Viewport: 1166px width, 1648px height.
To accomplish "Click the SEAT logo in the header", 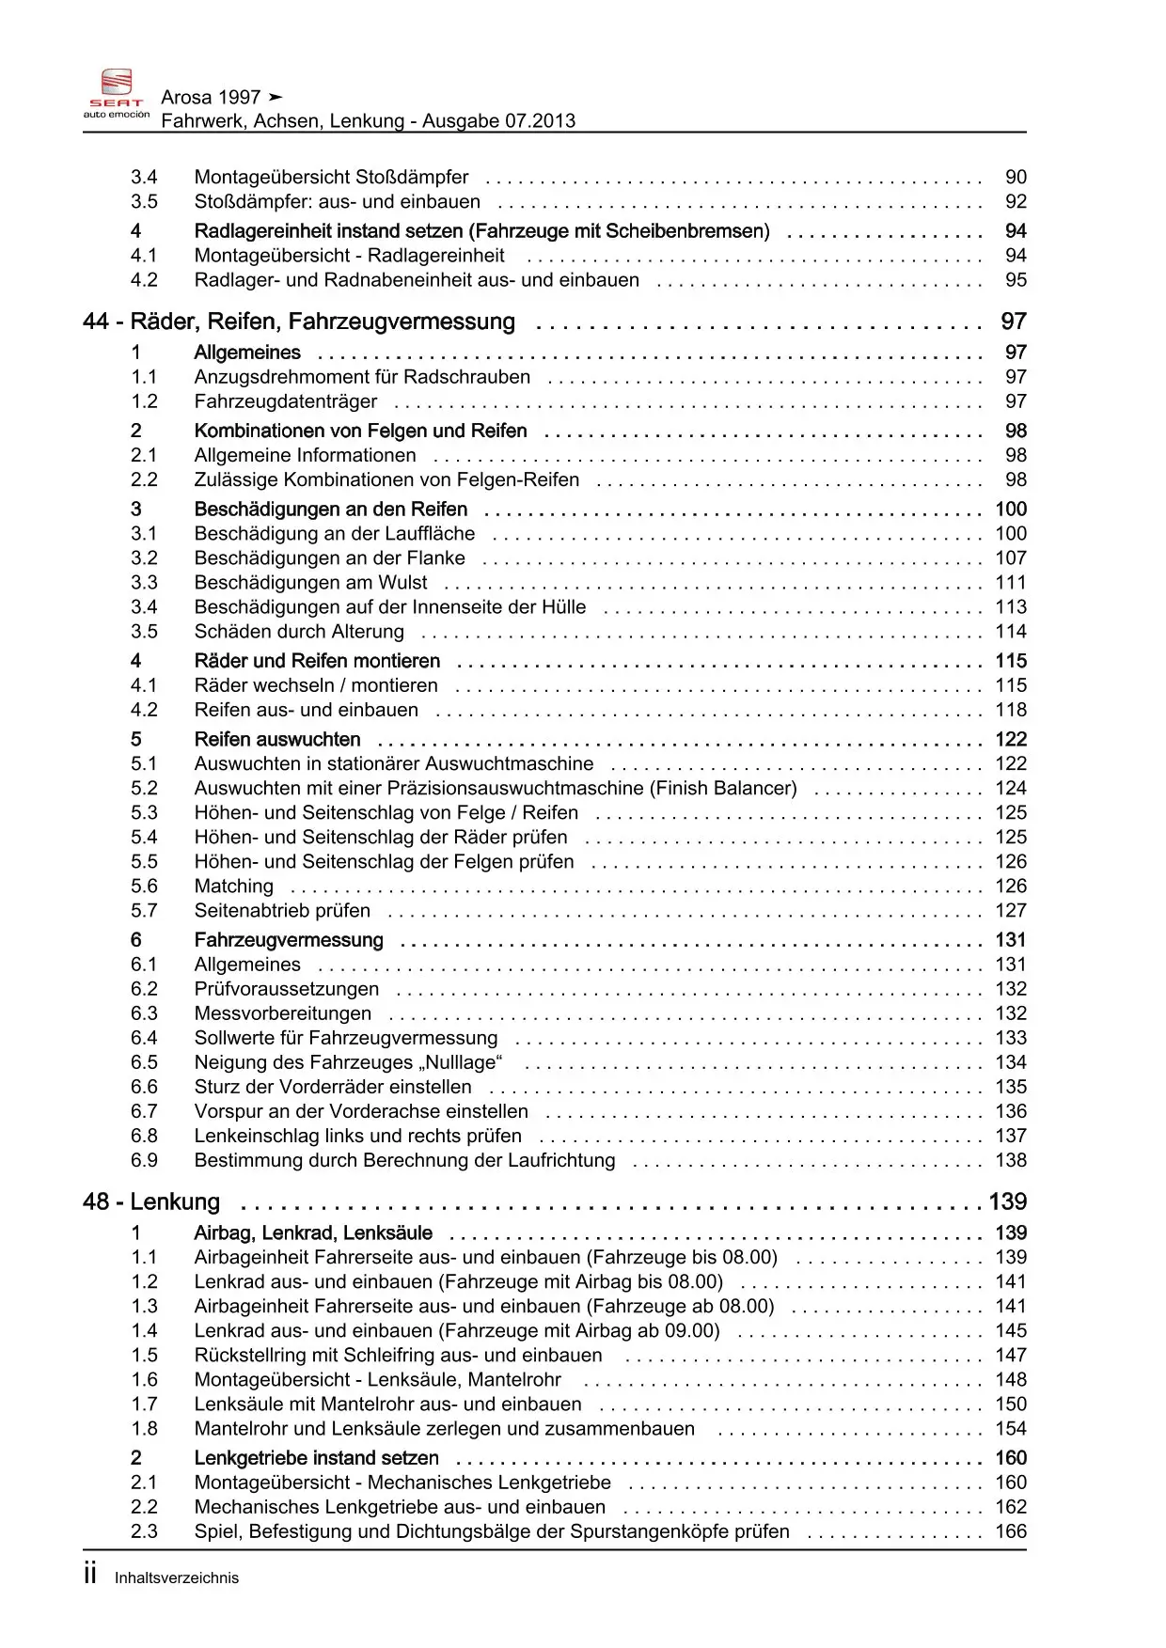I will (x=117, y=93).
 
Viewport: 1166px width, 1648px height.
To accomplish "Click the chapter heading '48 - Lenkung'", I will (x=151, y=1202).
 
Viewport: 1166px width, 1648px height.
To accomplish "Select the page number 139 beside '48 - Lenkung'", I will (x=1007, y=1202).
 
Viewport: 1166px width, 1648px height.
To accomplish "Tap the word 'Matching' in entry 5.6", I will (x=233, y=887).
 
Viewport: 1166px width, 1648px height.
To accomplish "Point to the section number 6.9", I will (x=144, y=1161).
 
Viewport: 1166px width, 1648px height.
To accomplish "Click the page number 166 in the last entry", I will (x=1011, y=1531).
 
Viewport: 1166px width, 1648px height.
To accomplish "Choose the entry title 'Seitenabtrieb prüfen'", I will (x=282, y=911).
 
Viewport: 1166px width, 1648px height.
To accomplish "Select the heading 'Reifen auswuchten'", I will (x=277, y=740).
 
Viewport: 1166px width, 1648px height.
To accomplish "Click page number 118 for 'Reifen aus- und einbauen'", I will (x=1011, y=711).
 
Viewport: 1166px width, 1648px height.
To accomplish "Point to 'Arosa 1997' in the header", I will (x=211, y=98).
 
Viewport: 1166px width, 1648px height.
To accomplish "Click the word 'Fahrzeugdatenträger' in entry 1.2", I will (x=286, y=402).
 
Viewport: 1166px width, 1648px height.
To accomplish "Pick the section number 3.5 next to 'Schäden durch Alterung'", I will (x=144, y=632).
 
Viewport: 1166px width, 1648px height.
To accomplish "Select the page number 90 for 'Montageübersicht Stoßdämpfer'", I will (x=1016, y=178).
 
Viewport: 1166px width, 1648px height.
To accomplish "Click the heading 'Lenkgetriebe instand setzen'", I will (x=316, y=1458).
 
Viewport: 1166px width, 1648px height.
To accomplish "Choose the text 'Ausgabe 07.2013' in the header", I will (x=498, y=121).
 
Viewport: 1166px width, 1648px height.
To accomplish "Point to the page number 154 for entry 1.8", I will (x=1011, y=1429).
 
